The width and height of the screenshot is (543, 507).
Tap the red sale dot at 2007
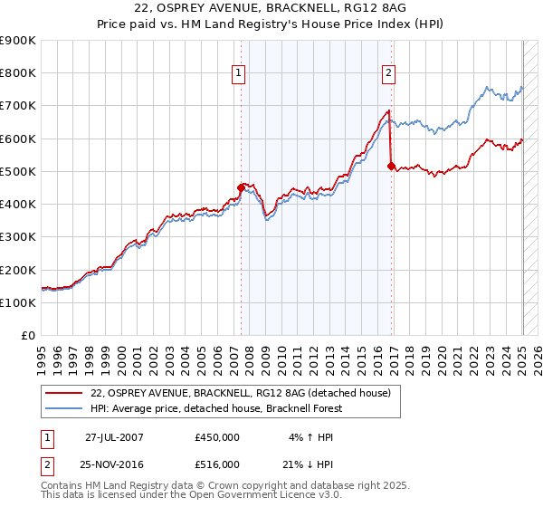click(x=242, y=187)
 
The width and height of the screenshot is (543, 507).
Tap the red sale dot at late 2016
click(x=391, y=166)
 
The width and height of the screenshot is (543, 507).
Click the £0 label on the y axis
click(x=27, y=336)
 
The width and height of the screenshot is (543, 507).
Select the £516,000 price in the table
click(x=217, y=464)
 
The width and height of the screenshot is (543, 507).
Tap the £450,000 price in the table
click(x=217, y=437)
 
